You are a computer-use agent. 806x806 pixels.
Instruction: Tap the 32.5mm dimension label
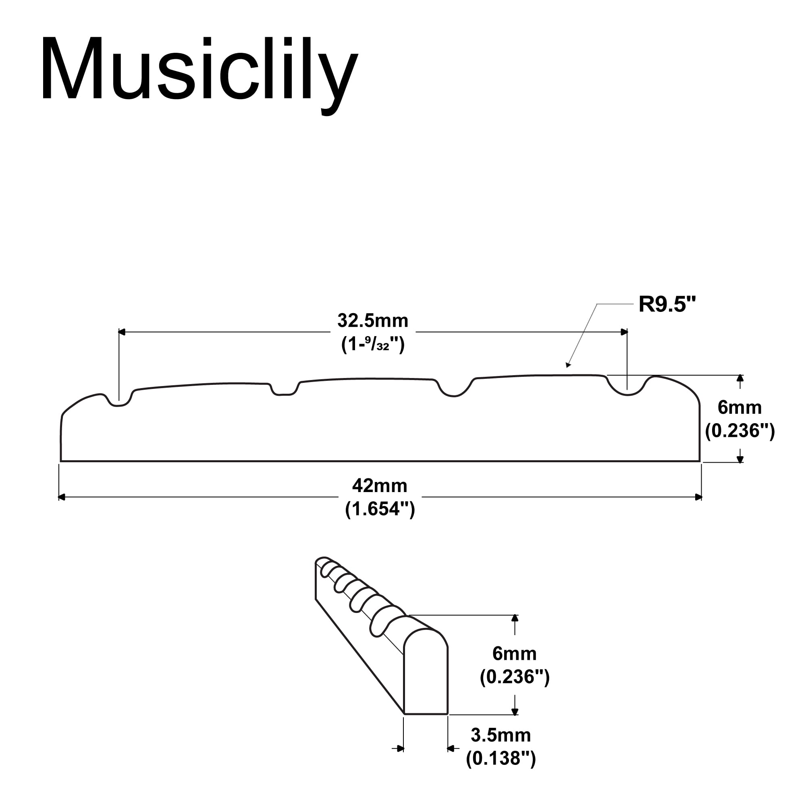pos(372,321)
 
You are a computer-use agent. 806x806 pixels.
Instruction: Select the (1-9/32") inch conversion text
pos(372,345)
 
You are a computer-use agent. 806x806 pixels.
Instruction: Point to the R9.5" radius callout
pos(667,304)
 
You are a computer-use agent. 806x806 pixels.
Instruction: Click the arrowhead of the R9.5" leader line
pos(567,366)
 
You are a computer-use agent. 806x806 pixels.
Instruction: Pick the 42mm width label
pos(380,486)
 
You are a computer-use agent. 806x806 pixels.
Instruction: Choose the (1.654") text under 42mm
pos(380,509)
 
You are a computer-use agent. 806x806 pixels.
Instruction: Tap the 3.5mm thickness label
pos(501,735)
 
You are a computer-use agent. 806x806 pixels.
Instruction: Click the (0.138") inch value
pos(501,758)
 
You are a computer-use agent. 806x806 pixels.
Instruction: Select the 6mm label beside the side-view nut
pos(740,407)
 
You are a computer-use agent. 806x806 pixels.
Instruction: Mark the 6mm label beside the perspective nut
pos(514,654)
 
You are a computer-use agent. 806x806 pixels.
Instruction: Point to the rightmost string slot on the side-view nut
pos(627,389)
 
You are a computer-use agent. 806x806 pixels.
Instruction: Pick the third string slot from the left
pos(454,392)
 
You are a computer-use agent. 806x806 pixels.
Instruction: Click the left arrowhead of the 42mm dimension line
pos(61,497)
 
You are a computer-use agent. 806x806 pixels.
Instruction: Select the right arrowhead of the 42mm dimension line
pos(699,497)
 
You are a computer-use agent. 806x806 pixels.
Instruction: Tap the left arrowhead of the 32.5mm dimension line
pos(121,332)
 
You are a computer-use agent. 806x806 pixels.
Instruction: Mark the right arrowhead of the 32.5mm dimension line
pos(625,332)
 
